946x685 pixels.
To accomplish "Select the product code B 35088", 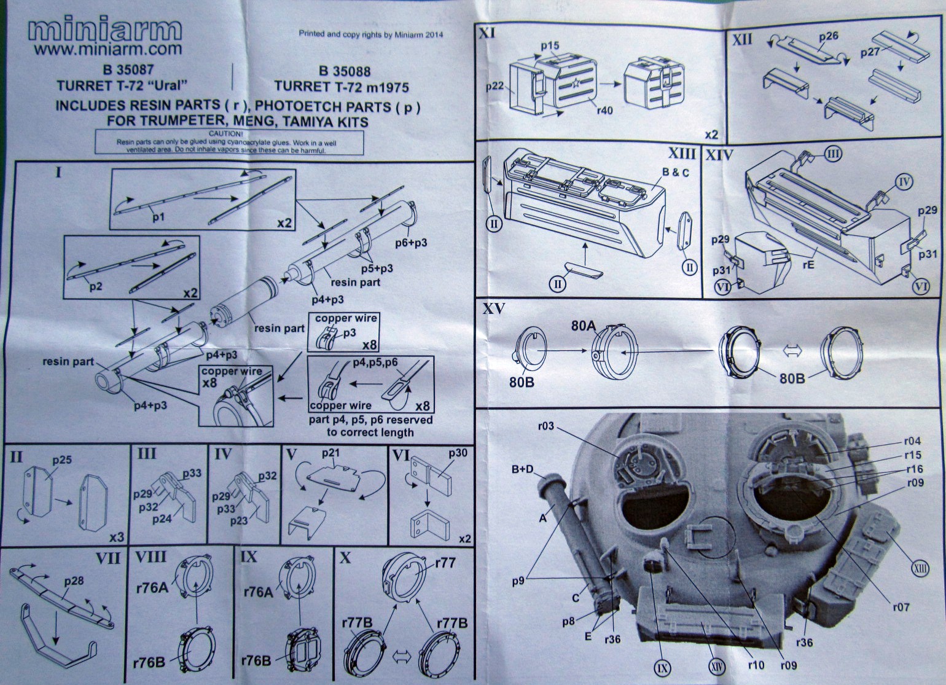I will click(345, 71).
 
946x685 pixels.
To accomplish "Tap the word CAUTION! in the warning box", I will click(226, 133).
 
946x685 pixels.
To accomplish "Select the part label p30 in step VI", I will click(458, 453).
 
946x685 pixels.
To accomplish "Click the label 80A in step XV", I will click(584, 327).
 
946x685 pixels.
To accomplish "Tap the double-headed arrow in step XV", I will click(793, 350).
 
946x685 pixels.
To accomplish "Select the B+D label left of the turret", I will click(522, 471).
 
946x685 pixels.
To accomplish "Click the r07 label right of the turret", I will click(901, 607).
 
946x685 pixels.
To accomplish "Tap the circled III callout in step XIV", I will click(832, 154).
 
